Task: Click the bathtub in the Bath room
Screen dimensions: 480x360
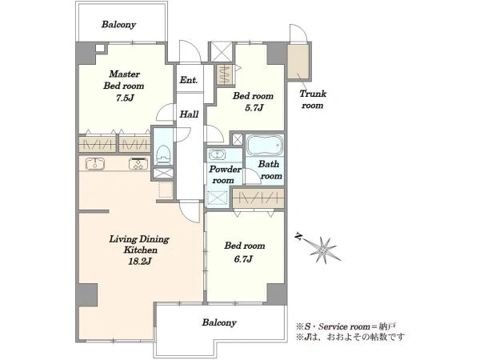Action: click(265, 146)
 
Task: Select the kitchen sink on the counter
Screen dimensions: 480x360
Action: click(95, 163)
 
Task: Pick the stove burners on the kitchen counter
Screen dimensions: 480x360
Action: click(138, 163)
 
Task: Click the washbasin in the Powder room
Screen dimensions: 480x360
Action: click(217, 154)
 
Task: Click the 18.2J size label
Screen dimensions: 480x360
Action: click(139, 261)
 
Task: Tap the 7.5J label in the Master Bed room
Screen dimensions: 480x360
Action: click(124, 98)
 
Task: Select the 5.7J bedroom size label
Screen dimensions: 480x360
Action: click(254, 108)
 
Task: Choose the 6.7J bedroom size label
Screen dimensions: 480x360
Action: click(243, 259)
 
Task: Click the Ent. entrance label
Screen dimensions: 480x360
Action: click(189, 80)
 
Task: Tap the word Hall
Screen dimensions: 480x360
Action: click(189, 114)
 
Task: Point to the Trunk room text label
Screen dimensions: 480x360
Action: click(313, 99)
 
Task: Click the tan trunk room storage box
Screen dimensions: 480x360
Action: click(298, 62)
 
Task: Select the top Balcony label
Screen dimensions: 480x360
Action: click(118, 25)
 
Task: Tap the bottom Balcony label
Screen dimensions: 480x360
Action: click(219, 322)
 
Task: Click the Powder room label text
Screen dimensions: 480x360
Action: click(225, 174)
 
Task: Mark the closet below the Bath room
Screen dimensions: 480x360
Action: click(258, 198)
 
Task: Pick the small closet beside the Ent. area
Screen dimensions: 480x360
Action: click(225, 74)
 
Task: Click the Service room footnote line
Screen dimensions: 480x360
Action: click(348, 326)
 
